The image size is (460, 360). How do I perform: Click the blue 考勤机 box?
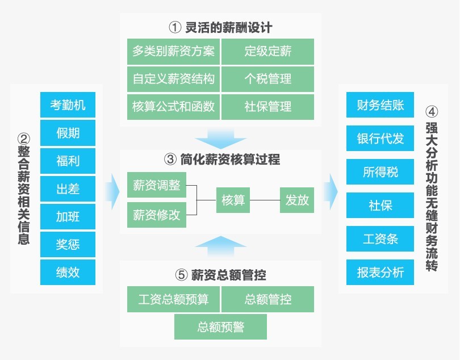coord(68,104)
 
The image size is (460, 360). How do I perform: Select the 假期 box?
coord(68,133)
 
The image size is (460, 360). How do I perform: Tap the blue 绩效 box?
coord(68,272)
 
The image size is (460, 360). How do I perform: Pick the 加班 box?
coord(68,216)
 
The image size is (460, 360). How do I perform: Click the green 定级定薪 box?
coord(267,51)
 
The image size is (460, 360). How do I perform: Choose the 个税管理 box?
coord(267,79)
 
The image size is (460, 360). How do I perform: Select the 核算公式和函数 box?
coord(173,107)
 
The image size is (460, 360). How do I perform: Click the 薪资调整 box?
coord(157,185)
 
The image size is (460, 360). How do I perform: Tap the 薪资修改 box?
coord(157,215)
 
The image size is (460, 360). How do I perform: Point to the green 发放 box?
coord(297,200)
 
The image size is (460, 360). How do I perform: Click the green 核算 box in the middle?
coord(233,200)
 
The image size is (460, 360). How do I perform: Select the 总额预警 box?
coord(220,327)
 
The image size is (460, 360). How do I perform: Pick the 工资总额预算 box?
coord(173,299)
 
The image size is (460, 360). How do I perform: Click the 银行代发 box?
coord(380,138)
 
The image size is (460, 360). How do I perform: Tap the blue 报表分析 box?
coord(380,272)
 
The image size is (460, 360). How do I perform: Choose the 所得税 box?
coord(380,171)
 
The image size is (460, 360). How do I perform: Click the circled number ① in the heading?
coord(175,28)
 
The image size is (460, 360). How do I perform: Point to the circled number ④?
coord(432,112)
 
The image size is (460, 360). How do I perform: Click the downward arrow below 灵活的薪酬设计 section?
coord(220,138)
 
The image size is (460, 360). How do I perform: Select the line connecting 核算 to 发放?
coord(265,200)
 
